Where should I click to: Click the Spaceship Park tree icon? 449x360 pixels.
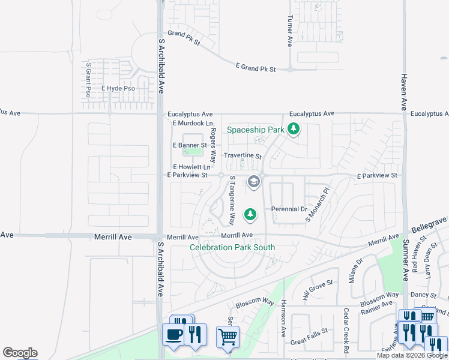tap(294, 129)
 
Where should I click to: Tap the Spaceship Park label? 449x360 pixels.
tap(255, 130)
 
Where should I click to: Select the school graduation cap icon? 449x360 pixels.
tap(254, 181)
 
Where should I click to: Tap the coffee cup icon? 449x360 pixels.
tap(174, 334)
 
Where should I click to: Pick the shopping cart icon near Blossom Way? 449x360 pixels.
tap(228, 337)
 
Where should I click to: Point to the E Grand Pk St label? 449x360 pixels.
tap(255, 69)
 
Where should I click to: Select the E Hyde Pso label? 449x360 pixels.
tap(118, 88)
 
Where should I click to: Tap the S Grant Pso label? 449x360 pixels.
tap(88, 80)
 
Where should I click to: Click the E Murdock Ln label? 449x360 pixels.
tap(193, 123)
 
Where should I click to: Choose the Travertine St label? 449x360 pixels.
tap(243, 156)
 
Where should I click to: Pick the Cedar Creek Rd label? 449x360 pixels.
tap(346, 330)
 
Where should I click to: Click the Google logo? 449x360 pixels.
tap(20, 353)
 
